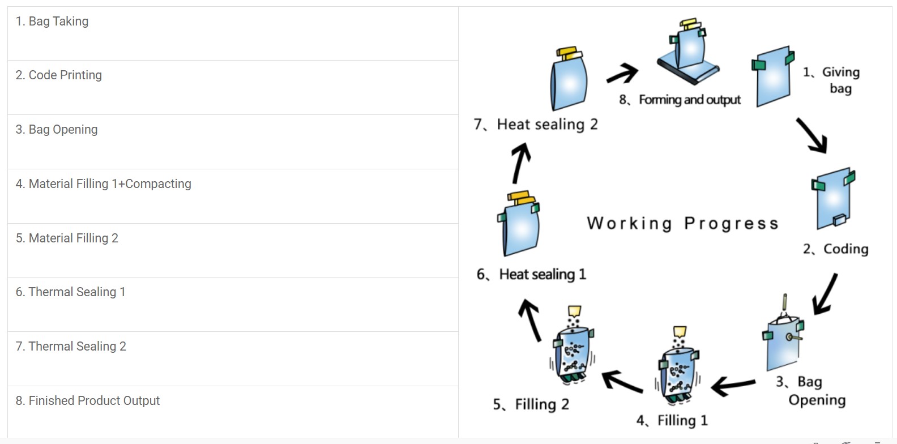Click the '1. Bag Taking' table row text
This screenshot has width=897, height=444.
52,22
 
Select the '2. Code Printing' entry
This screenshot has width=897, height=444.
59,75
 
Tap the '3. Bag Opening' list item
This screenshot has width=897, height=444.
57,130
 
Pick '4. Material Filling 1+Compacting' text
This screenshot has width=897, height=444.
104,184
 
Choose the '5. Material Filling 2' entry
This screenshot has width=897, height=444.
67,238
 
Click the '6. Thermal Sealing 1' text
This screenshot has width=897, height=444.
70,292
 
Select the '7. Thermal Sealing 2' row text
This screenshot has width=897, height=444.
71,347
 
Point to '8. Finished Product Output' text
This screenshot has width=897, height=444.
88,401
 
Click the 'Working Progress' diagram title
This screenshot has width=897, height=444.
682,224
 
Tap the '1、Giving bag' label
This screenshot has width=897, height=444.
835,80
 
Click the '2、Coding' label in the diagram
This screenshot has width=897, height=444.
836,249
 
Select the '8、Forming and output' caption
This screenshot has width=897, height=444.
680,100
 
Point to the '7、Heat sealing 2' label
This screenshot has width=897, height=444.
536,125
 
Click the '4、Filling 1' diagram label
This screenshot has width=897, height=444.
672,421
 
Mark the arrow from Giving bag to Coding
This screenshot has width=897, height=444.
812,135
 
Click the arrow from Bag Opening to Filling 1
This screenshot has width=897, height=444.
733,386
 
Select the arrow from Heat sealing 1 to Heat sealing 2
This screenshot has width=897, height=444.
520,163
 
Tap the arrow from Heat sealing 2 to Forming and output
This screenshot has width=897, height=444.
622,74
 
